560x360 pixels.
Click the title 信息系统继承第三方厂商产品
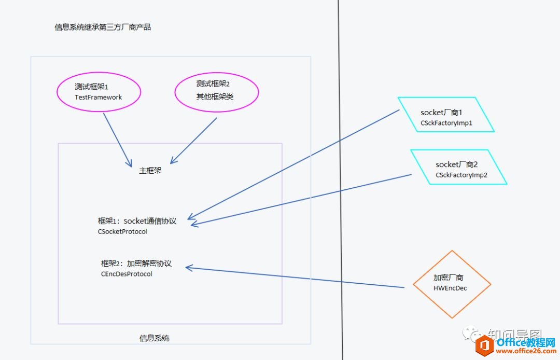(x=103, y=27)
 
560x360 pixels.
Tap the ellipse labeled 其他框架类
(x=216, y=92)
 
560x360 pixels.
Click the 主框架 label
(x=150, y=170)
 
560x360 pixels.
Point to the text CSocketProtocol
(x=122, y=232)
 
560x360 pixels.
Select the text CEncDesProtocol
(x=127, y=274)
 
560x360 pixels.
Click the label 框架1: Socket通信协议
(x=137, y=221)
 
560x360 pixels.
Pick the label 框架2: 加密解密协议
(x=136, y=264)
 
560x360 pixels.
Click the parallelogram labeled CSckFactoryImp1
(x=446, y=115)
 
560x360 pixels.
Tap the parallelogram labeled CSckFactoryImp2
(x=459, y=167)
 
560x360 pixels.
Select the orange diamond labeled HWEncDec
(x=452, y=284)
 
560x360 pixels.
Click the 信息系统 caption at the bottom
(x=155, y=338)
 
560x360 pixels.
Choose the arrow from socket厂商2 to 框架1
(x=301, y=199)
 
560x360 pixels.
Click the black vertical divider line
(x=340, y=156)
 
